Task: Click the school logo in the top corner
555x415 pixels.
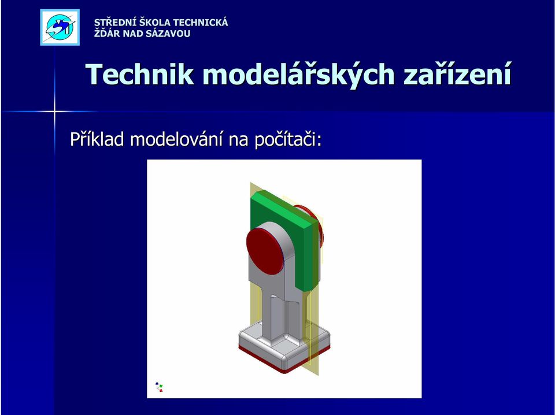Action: tap(60, 27)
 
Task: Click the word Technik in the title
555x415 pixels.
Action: tap(140, 75)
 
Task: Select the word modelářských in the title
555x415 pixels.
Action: tap(299, 75)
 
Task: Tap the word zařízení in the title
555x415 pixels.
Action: tap(457, 75)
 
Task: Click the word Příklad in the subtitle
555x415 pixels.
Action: tap(97, 139)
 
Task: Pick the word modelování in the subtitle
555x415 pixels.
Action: tap(176, 139)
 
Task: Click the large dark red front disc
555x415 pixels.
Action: tap(265, 251)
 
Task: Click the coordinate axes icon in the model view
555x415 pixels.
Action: tap(159, 387)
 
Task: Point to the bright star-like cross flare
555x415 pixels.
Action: tap(54, 112)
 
